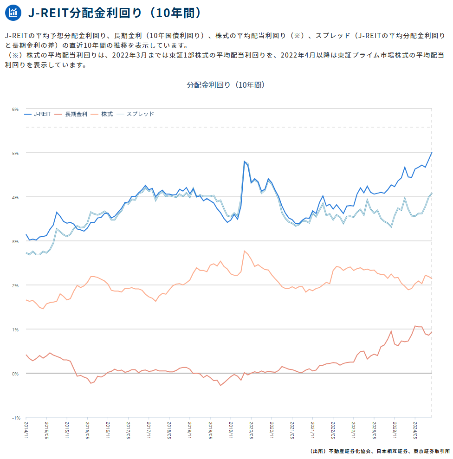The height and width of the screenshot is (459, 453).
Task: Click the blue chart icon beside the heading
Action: [13, 13]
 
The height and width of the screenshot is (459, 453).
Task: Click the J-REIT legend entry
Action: [38, 114]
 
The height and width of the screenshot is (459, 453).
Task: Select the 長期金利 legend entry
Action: [71, 114]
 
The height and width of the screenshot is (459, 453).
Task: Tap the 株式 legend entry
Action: [102, 114]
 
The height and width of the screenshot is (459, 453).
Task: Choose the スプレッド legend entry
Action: [135, 114]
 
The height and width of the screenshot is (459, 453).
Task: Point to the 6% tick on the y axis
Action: [15, 110]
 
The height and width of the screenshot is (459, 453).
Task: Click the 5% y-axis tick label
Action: [15, 154]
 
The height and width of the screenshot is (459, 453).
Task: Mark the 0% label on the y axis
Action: [15, 374]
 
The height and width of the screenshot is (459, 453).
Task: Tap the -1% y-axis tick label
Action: [16, 418]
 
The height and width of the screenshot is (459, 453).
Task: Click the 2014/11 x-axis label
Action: [26, 430]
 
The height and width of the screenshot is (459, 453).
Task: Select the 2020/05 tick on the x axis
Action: [251, 430]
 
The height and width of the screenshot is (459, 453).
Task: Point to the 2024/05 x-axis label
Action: [415, 430]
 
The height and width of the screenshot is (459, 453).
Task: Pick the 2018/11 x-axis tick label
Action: [190, 430]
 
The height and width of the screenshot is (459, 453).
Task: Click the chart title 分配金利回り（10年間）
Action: [226, 85]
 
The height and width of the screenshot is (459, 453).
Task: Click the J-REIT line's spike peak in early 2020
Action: [244, 162]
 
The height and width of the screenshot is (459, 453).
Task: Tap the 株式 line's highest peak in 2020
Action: [244, 251]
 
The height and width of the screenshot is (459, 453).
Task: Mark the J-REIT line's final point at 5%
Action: [432, 153]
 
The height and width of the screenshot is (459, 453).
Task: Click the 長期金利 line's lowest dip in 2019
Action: [220, 385]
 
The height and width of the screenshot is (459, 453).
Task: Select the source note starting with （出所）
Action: [380, 452]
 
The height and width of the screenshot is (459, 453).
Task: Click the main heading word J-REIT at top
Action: [48, 13]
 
